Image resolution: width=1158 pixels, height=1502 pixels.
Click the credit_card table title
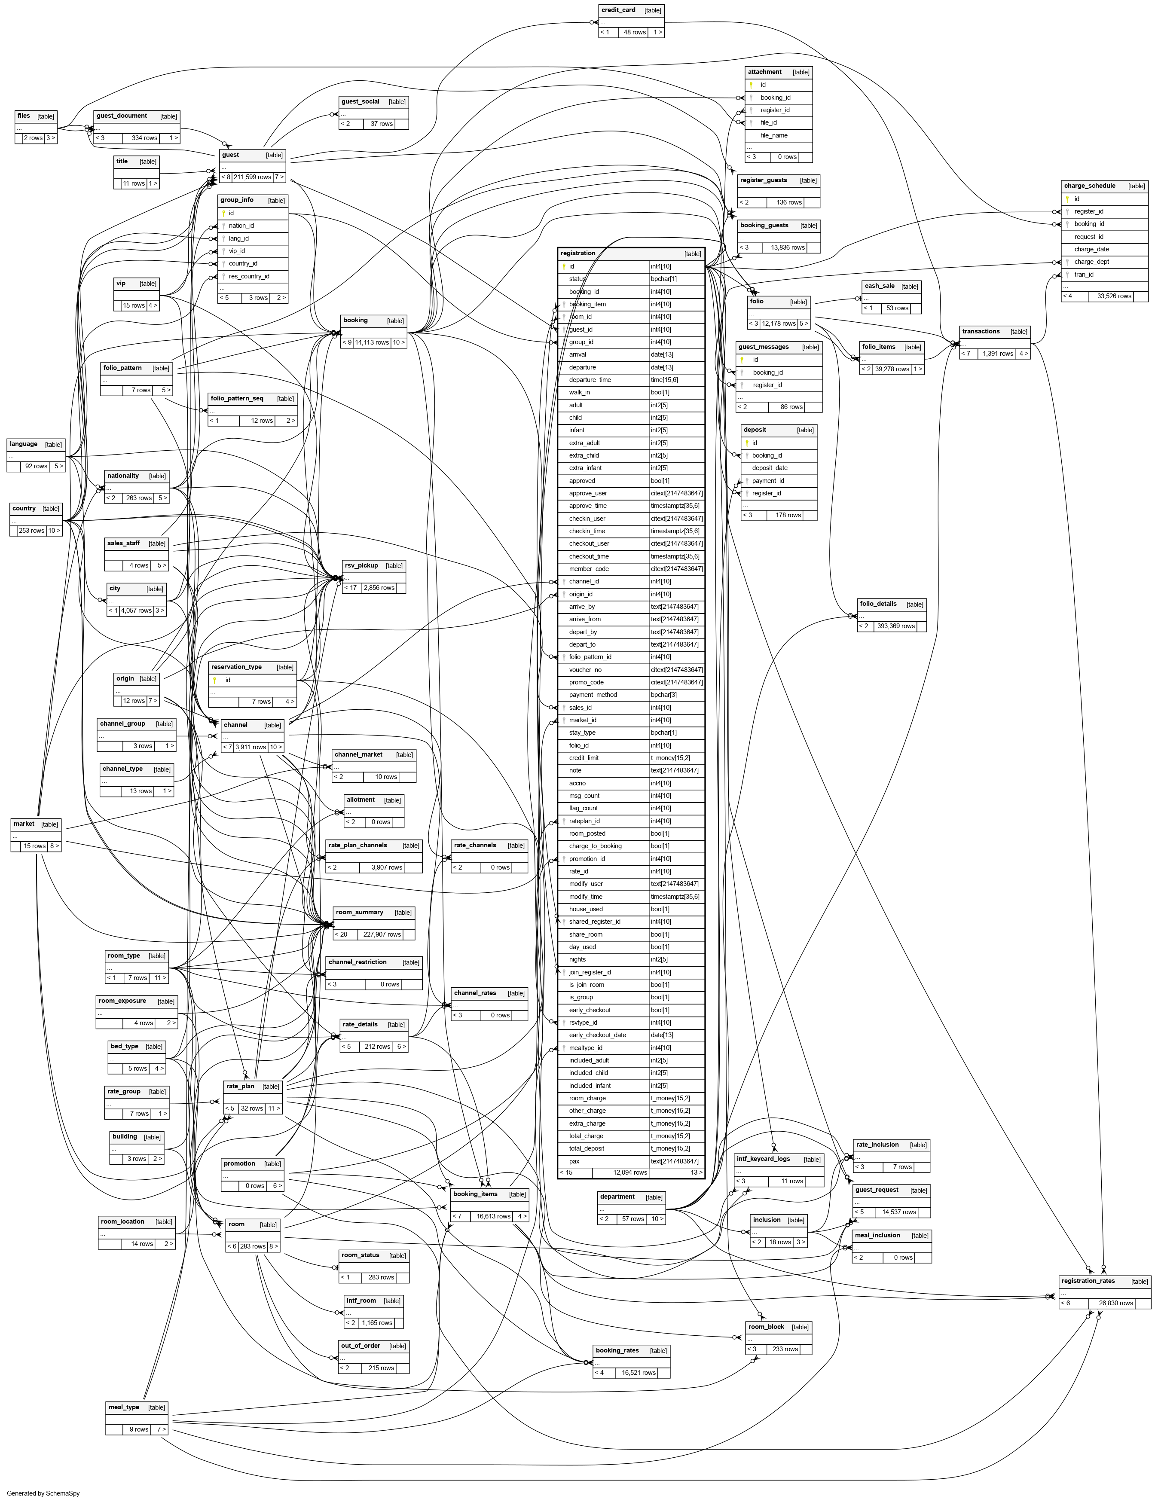pyautogui.click(x=618, y=10)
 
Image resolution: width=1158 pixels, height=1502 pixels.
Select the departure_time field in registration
pyautogui.click(x=590, y=380)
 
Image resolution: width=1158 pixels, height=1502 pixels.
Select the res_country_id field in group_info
pyautogui.click(x=249, y=276)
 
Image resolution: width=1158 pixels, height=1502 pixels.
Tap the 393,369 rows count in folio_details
pyautogui.click(x=895, y=626)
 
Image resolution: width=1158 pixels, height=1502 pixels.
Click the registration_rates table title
pyautogui.click(x=1088, y=1281)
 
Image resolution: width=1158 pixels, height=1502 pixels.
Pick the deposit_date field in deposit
pyautogui.click(x=770, y=467)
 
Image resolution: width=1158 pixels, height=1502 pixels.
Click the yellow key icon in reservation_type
pyautogui.click(x=214, y=680)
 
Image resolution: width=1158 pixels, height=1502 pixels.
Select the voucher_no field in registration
pyautogui.click(x=585, y=670)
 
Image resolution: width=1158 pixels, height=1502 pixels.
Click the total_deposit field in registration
pyautogui.click(x=587, y=1148)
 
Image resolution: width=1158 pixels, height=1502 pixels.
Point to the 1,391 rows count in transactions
pyautogui.click(x=997, y=354)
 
